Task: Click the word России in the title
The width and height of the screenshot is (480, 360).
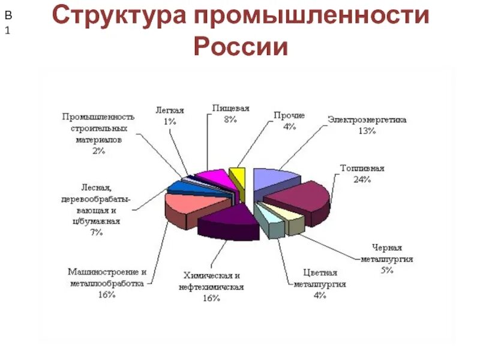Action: tap(240, 46)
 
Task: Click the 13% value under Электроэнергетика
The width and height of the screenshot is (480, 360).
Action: tap(367, 131)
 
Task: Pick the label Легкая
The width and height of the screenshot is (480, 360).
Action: tap(169, 110)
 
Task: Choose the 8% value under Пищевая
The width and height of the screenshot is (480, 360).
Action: tap(230, 119)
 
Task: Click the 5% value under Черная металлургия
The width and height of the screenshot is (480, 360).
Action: tap(386, 270)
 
